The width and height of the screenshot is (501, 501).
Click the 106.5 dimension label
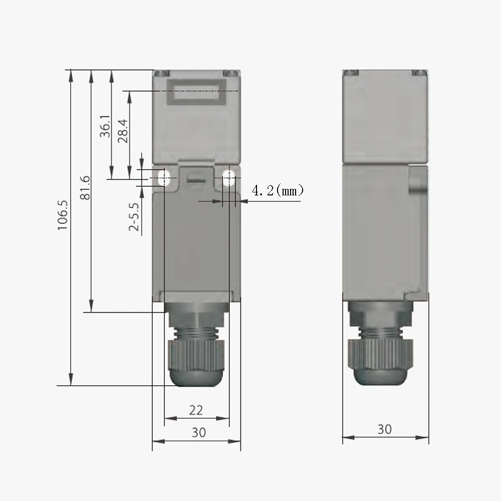coord(62,214)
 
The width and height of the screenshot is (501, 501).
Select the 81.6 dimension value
coord(85,188)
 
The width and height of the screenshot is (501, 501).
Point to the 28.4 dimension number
coord(123,131)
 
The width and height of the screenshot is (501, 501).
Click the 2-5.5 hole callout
coord(133,216)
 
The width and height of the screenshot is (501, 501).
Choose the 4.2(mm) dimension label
coord(277,191)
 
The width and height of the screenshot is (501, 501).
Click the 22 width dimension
coord(196,410)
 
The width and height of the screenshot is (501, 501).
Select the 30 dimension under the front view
coord(198,432)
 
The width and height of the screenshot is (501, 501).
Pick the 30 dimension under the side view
coord(385,429)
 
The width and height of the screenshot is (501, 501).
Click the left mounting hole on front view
coord(165,177)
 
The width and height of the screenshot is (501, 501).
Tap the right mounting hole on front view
coord(228,177)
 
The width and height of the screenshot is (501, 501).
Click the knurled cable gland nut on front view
coord(196,355)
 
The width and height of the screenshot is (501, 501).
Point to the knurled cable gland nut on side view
coord(381,355)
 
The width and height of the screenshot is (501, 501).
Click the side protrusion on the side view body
coord(419,181)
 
